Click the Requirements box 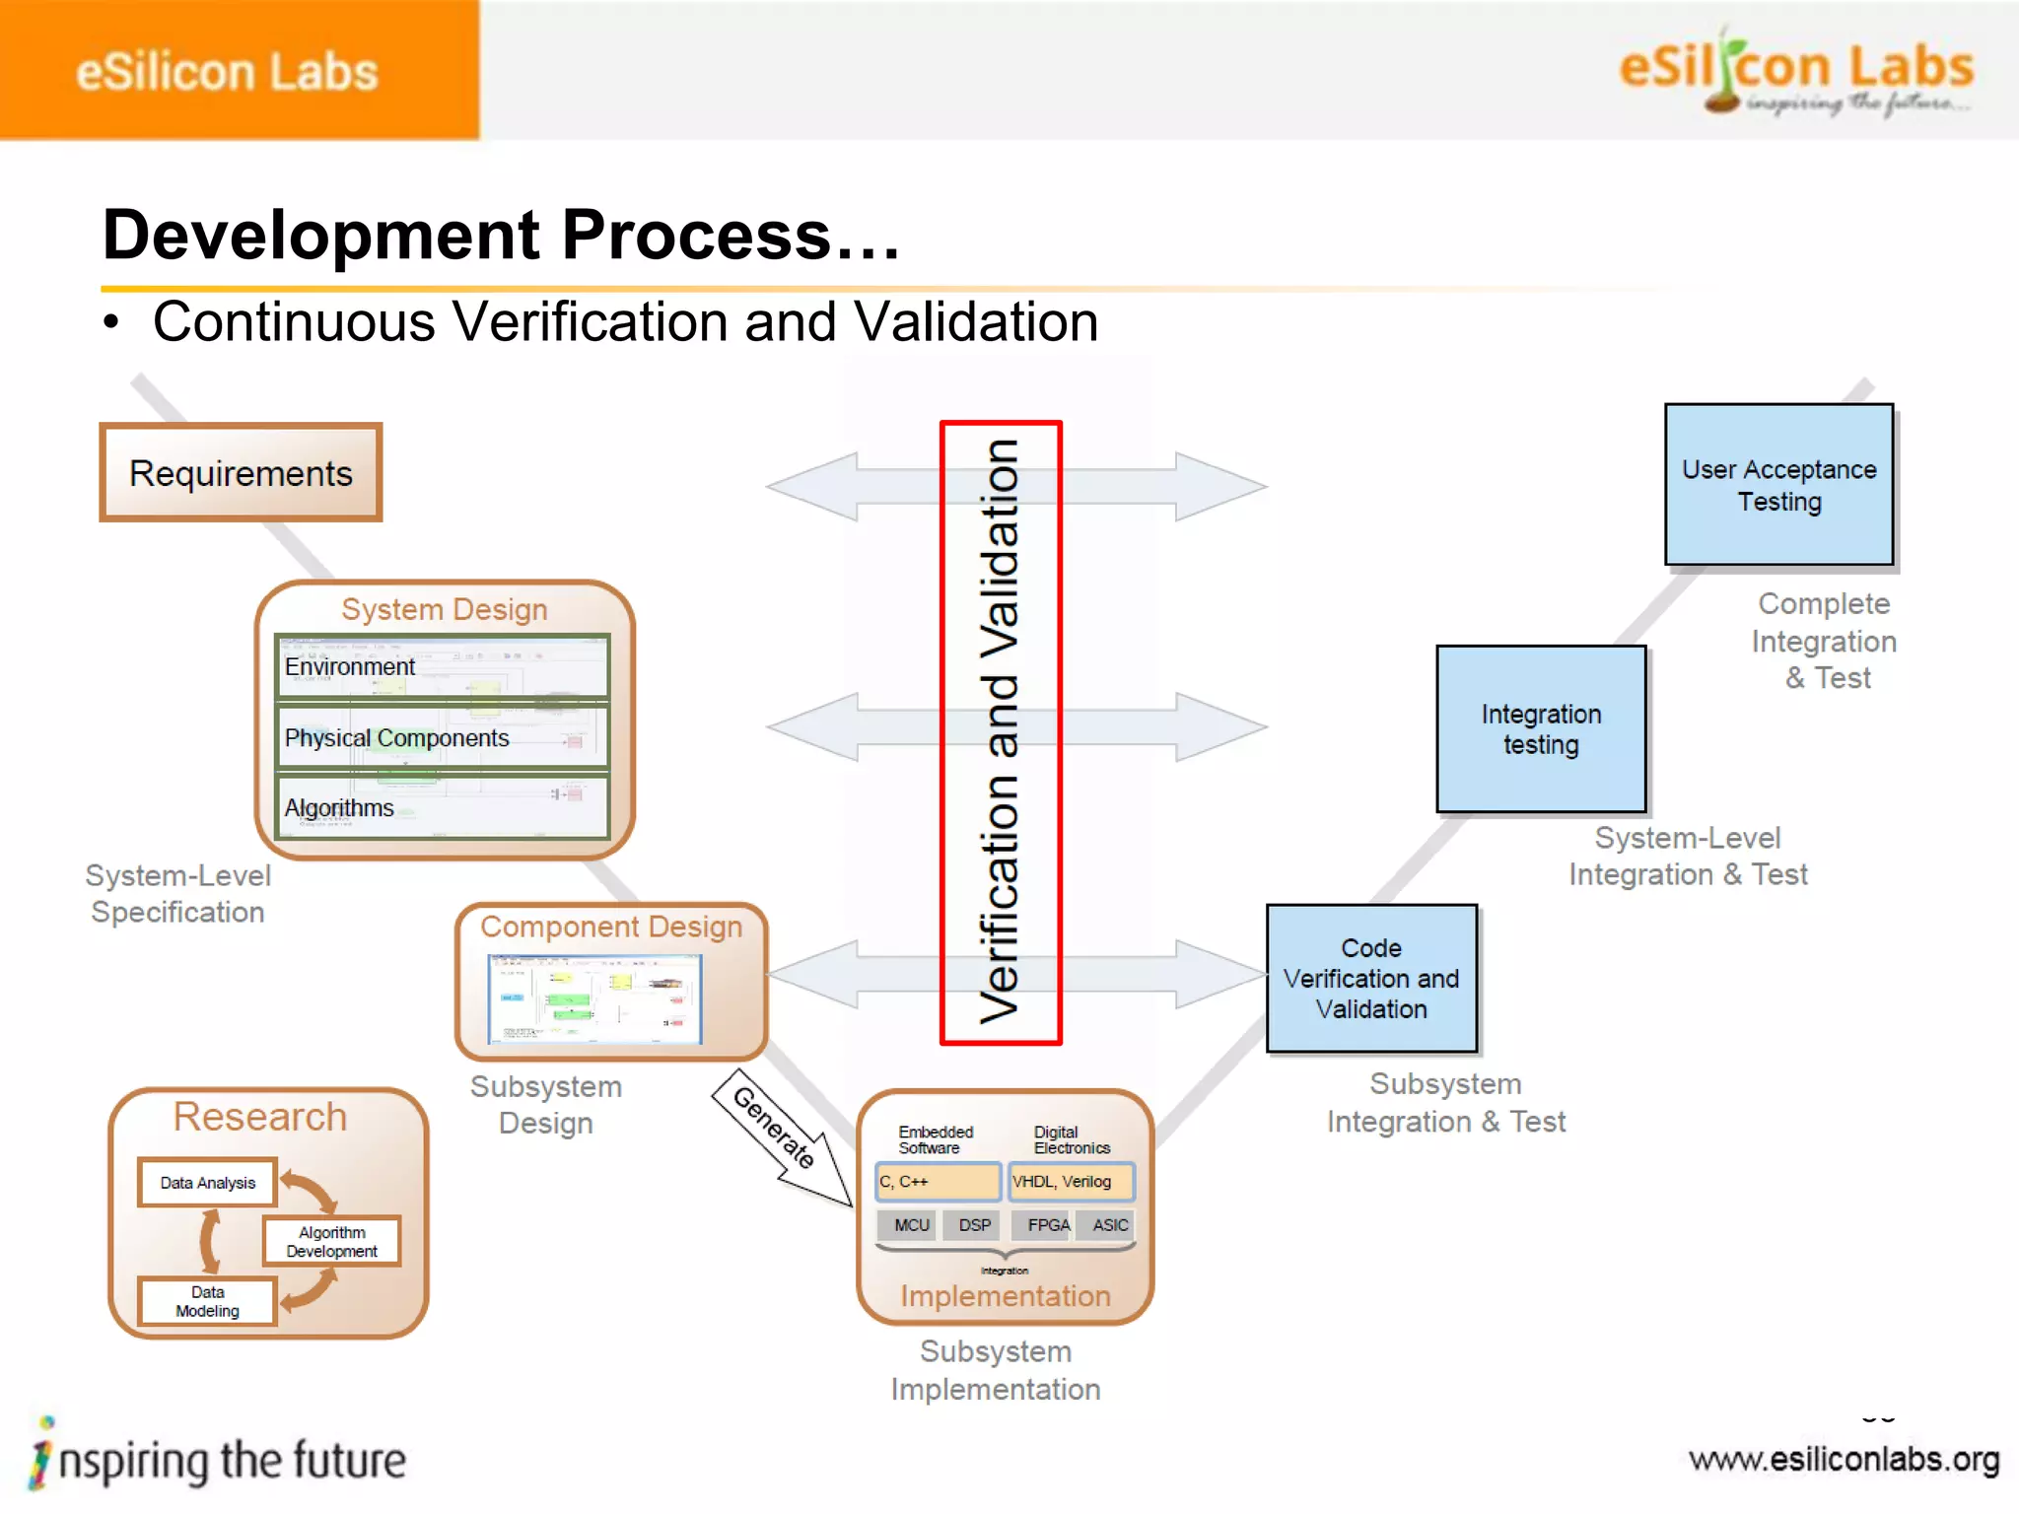(241, 473)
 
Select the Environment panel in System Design (443, 667)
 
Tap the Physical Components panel (443, 737)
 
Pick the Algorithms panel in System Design (443, 807)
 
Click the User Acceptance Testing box (1778, 485)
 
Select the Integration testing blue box (1541, 729)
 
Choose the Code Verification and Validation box (1371, 978)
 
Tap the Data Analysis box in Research (208, 1183)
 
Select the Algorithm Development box (332, 1241)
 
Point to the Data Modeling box (208, 1301)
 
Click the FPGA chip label (1047, 1225)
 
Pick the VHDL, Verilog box (1070, 1182)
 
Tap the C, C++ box (938, 1182)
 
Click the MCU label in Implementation (911, 1225)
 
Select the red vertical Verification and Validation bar (1001, 731)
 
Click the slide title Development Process (501, 236)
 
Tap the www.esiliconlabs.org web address (1844, 1460)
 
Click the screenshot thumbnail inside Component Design (594, 999)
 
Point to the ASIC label (1110, 1225)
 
